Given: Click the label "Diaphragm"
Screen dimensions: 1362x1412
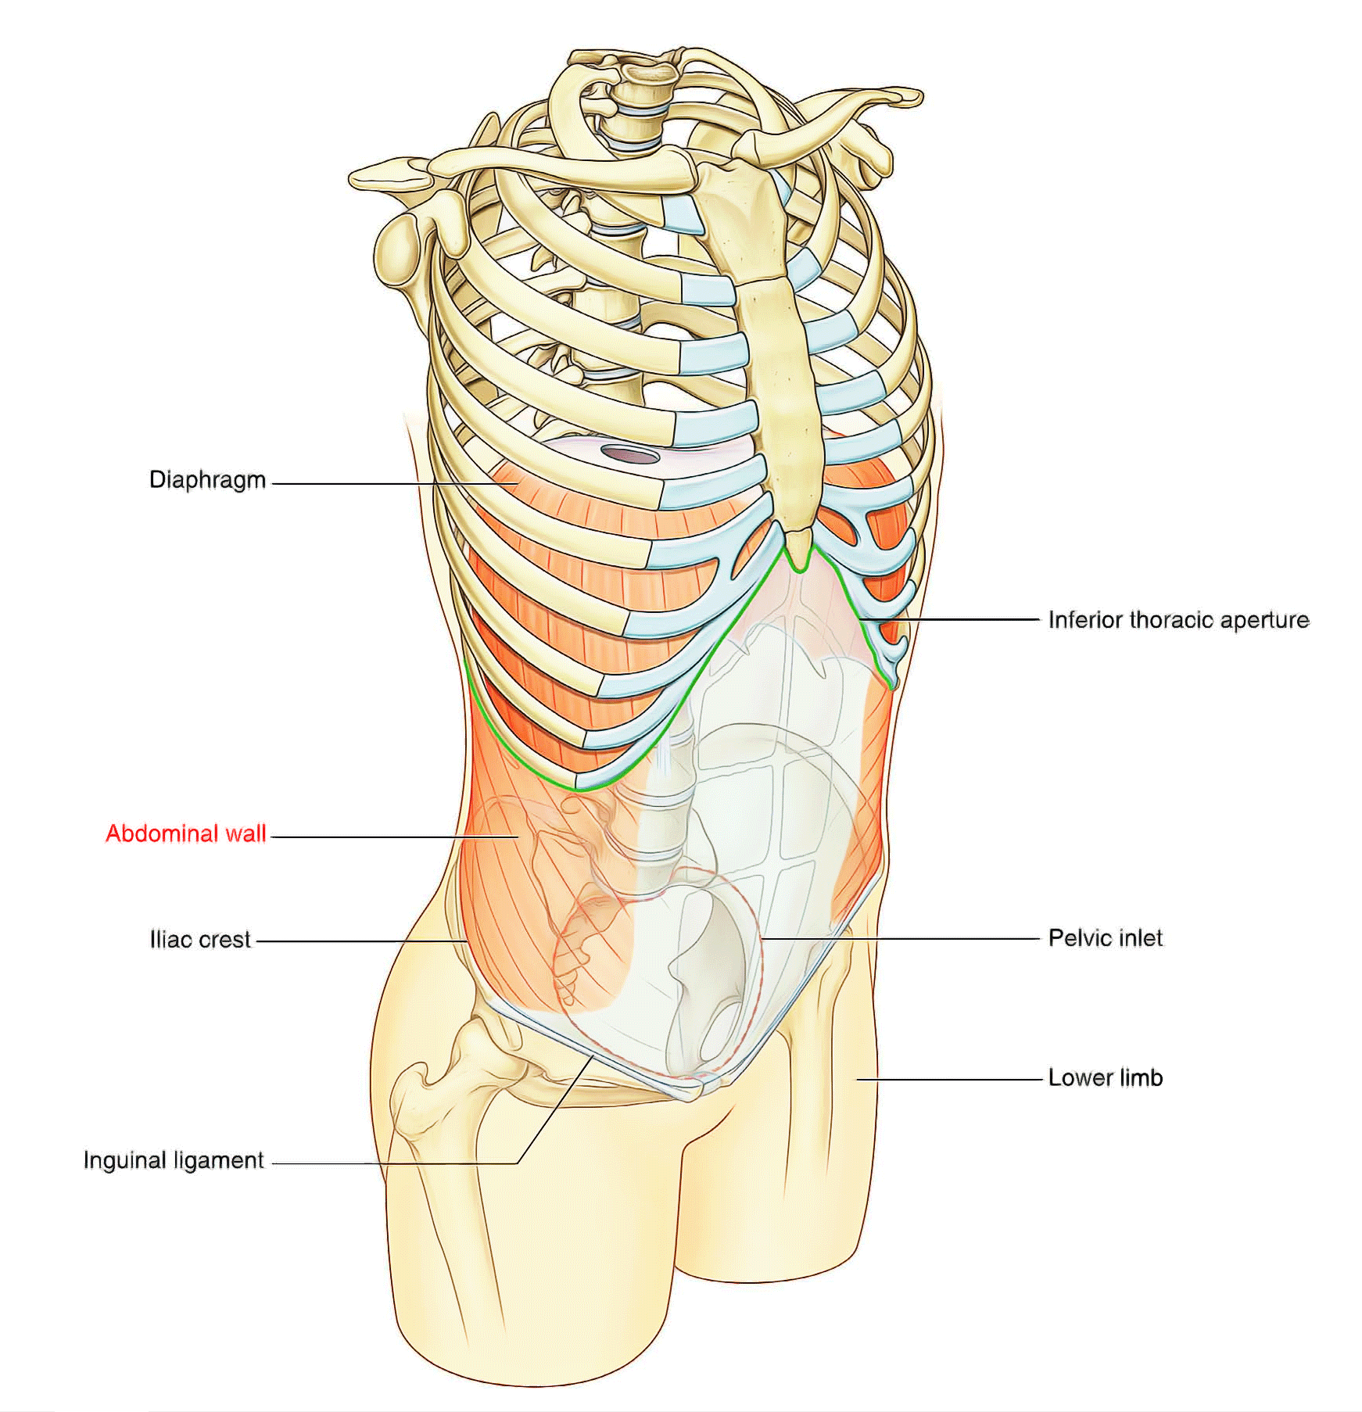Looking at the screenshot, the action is click(x=207, y=479).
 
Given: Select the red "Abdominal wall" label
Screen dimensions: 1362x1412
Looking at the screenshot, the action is click(x=186, y=833).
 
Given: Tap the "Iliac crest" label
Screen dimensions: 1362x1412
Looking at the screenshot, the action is click(x=200, y=939).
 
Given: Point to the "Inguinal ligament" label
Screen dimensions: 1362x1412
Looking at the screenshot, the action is click(x=174, y=1160).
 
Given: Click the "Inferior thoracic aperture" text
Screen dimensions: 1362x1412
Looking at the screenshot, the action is click(x=1178, y=620).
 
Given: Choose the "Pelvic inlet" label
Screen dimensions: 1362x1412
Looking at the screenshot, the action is click(x=1106, y=937).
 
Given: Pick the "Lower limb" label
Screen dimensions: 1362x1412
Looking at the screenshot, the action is click(x=1106, y=1077).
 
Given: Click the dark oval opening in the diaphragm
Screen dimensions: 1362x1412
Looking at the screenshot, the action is click(x=630, y=453).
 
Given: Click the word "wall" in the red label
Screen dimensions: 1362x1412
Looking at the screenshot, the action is click(x=246, y=833).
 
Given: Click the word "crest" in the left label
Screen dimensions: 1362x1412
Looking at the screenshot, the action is click(x=225, y=939).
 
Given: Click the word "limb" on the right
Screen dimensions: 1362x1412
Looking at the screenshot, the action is click(x=1141, y=1077).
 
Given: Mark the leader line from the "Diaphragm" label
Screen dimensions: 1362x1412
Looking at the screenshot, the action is click(x=393, y=484).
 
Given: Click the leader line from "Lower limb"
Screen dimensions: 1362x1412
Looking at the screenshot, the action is click(x=949, y=1080).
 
